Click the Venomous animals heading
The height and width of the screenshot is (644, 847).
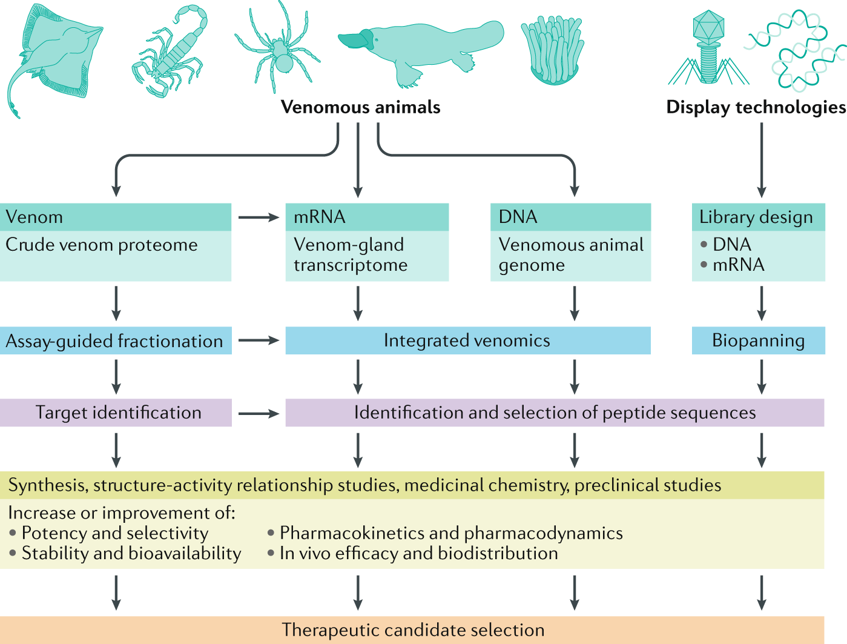coord(360,107)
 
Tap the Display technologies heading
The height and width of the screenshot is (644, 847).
coord(756,107)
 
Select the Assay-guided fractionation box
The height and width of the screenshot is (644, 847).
coord(115,341)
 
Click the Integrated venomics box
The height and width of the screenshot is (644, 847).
coord(467,340)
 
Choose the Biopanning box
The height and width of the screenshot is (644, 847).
coord(758,340)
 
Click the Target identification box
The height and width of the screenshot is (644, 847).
coord(117,413)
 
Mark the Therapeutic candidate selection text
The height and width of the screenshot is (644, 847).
coord(413,630)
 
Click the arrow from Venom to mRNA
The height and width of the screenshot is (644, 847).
coord(259,217)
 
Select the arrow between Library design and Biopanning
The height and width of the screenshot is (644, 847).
coord(762,303)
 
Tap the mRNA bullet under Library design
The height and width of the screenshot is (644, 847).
coord(737,265)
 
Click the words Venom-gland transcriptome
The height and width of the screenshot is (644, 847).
coord(351,254)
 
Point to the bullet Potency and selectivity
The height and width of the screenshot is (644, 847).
coord(114,533)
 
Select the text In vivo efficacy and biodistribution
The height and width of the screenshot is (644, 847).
coord(418,553)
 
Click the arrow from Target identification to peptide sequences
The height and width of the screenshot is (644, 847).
coord(259,414)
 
